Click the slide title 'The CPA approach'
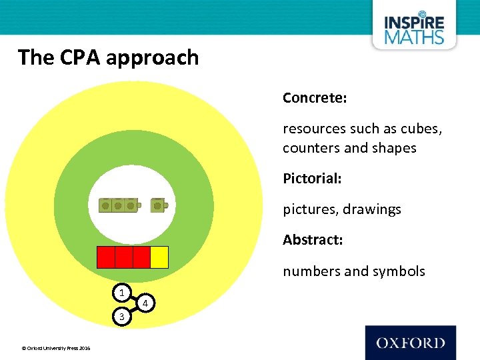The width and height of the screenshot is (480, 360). (109, 57)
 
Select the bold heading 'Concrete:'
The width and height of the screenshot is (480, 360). (315, 98)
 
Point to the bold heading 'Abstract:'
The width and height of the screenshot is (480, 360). (313, 239)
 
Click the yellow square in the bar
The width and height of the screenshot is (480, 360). (159, 257)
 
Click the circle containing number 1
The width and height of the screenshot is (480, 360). (121, 293)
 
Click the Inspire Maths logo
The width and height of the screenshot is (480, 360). (413, 29)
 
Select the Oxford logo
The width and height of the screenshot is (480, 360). (410, 343)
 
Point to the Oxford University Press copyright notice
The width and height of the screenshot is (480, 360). (56, 348)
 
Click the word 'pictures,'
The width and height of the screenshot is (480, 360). (310, 209)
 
